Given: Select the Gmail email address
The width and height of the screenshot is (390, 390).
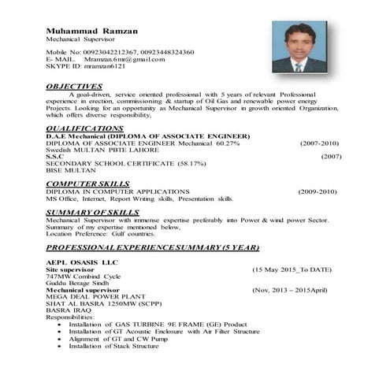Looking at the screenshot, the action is click(x=125, y=59).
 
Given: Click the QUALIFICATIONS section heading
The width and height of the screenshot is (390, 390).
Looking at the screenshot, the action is click(x=84, y=128).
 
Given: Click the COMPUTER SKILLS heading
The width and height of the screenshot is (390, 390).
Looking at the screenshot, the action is click(x=86, y=184).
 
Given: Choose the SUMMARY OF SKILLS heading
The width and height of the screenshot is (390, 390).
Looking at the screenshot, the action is click(x=92, y=212).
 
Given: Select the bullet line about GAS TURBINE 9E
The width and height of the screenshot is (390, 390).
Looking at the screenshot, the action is click(x=158, y=324).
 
